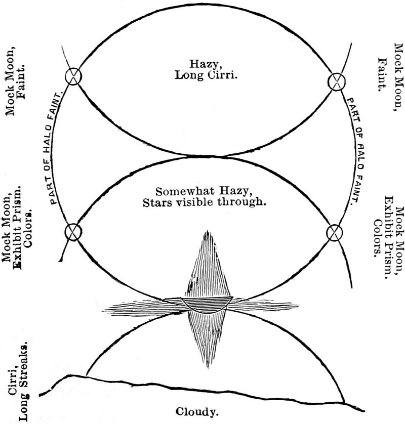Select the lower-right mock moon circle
(x=334, y=232)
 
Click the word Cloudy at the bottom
(x=197, y=411)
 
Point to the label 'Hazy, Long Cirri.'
(x=206, y=70)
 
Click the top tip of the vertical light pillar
(x=207, y=231)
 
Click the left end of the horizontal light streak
(x=102, y=307)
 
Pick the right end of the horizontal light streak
(x=299, y=305)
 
